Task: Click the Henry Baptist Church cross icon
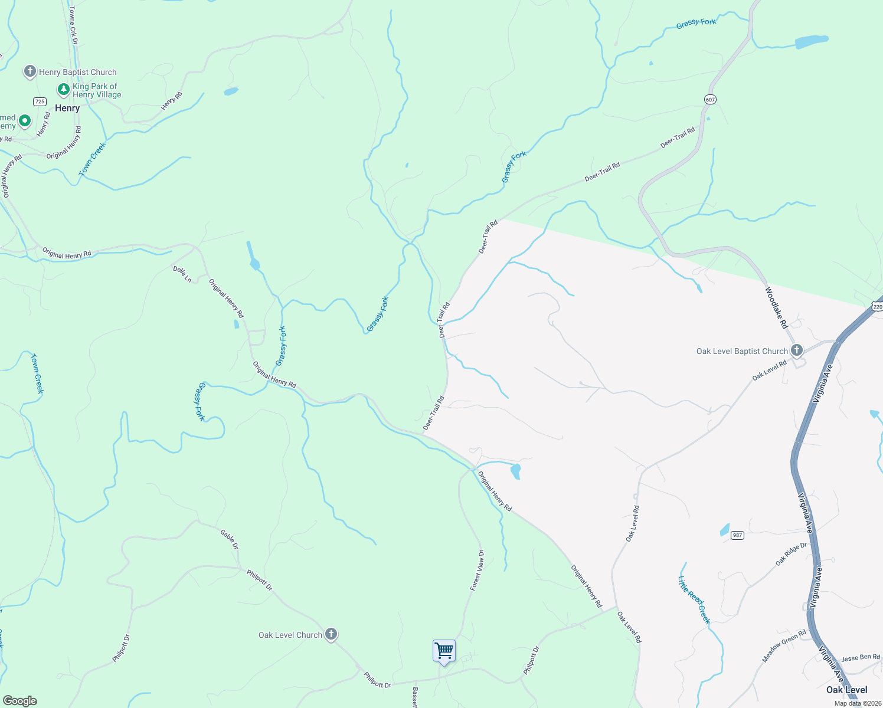[30, 72]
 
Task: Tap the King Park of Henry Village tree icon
[64, 90]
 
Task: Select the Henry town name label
[67, 109]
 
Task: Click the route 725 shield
[40, 101]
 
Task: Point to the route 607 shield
[710, 100]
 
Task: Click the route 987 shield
[737, 535]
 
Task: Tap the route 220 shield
[877, 307]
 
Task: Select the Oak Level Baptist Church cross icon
[797, 350]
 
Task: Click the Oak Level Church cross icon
[331, 635]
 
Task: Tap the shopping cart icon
[444, 651]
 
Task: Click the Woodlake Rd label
[776, 307]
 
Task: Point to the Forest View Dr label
[477, 571]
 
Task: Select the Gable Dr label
[230, 539]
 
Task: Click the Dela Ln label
[182, 274]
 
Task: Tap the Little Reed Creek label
[694, 600]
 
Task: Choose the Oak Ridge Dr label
[791, 554]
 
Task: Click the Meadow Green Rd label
[784, 646]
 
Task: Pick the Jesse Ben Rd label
[861, 657]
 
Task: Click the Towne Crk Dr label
[73, 25]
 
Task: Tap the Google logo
[20, 701]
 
